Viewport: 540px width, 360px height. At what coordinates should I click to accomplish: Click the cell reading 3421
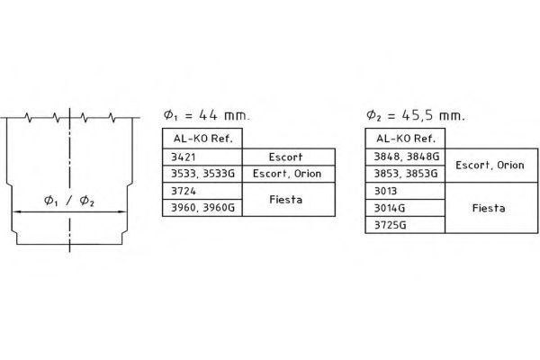point(202,157)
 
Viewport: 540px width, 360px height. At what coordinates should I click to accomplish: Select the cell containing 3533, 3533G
point(202,174)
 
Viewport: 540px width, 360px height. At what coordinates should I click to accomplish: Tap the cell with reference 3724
point(202,191)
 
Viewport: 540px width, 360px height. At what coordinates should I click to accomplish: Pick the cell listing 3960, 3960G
point(202,208)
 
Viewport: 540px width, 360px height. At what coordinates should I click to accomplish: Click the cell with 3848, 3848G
point(405,157)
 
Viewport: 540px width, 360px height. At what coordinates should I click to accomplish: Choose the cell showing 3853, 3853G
point(405,174)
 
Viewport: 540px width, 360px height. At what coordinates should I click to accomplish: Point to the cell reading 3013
point(405,191)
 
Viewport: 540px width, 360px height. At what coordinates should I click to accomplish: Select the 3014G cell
point(405,208)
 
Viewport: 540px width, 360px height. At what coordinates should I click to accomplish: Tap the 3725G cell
point(405,225)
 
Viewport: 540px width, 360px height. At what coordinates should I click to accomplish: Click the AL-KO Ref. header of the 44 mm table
point(202,139)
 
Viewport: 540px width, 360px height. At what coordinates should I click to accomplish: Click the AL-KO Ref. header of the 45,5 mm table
point(405,139)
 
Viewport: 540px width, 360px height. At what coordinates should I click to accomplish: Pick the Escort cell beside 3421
point(289,157)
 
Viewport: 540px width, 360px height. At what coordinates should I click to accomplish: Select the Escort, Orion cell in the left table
point(289,174)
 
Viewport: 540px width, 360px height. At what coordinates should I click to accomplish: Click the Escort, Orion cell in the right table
point(491,166)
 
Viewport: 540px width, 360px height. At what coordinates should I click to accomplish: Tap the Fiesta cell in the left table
point(289,200)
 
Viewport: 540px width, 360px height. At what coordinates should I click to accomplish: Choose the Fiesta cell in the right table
point(491,208)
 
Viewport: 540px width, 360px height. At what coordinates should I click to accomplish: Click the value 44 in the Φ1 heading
point(209,115)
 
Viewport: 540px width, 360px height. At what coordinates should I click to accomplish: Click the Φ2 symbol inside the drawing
point(86,201)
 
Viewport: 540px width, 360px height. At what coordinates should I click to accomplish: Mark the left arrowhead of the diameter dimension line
point(16,211)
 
